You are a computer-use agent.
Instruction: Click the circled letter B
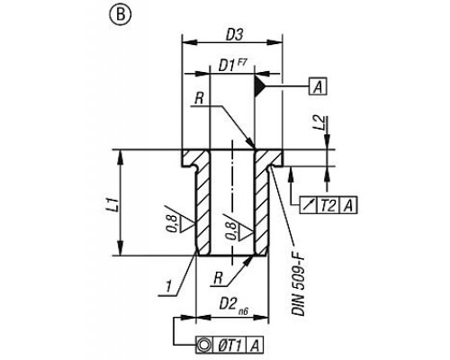121,14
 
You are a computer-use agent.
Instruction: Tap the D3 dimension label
234,35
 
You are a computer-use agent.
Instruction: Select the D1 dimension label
226,66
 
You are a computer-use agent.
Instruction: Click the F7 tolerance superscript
241,61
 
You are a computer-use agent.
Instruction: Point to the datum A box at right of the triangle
318,86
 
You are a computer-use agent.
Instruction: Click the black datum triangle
260,87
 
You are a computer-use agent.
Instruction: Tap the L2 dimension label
320,122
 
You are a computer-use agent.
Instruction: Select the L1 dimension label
114,205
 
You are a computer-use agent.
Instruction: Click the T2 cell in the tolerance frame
328,205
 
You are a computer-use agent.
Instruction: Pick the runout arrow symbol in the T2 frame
309,205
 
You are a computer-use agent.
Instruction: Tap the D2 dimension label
228,304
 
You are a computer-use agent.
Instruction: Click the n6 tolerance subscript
243,312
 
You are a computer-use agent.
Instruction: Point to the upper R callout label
199,98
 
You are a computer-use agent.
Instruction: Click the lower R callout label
218,279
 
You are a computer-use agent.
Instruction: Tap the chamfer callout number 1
168,287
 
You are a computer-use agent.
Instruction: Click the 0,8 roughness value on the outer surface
173,224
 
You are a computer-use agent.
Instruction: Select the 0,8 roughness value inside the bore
232,231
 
